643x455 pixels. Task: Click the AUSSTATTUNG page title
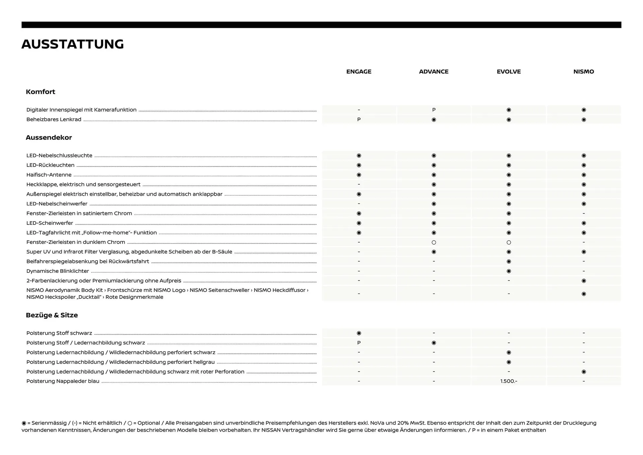(73, 44)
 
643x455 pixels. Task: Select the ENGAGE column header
(359, 72)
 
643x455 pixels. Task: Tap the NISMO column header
(583, 72)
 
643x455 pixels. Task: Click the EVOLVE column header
(508, 72)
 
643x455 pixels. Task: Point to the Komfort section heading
(41, 92)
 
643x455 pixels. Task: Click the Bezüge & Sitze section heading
(52, 315)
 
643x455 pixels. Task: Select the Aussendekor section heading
(49, 138)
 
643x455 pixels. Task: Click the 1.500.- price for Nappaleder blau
(508, 381)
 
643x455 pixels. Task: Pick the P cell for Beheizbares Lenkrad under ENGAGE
(359, 120)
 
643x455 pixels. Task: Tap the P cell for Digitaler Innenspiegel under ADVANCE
(434, 110)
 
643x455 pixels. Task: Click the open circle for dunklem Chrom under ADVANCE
(434, 242)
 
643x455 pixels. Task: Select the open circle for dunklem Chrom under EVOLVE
(508, 242)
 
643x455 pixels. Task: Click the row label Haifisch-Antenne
(49, 175)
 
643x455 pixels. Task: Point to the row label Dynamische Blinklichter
(58, 271)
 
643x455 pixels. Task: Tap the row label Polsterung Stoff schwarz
(59, 333)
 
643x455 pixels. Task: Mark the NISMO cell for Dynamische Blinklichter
(583, 271)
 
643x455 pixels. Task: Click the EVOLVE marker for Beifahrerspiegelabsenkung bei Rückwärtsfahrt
(508, 261)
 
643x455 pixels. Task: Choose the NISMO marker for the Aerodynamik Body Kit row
(583, 294)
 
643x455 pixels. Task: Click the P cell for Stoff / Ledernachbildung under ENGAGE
(359, 343)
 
